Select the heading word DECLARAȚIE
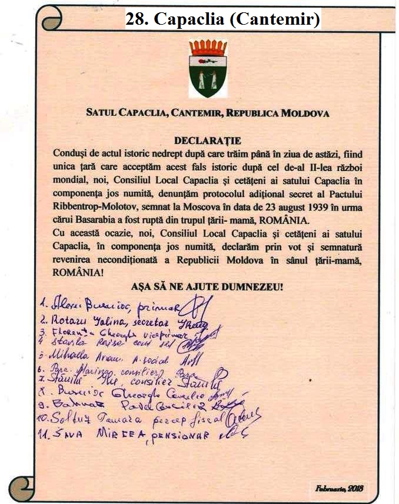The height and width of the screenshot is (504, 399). pos(200,141)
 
